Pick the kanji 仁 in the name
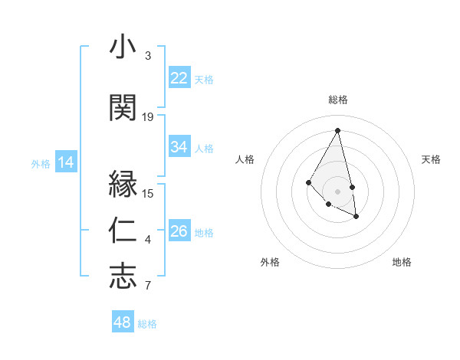[x=123, y=231]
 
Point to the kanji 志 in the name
[x=123, y=277]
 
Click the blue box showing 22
[x=179, y=78]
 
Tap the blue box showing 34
[x=179, y=147]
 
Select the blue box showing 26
[x=179, y=231]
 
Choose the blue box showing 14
[x=65, y=162]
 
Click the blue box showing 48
[x=123, y=322]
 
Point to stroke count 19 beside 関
[x=148, y=116]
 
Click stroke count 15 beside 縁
[x=148, y=193]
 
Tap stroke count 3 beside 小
[x=148, y=56]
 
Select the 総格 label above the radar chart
[x=338, y=100]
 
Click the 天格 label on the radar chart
[x=432, y=159]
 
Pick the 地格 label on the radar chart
[x=402, y=262]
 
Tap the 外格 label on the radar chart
[x=270, y=262]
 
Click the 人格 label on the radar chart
[x=245, y=159]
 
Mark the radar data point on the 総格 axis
[x=338, y=130]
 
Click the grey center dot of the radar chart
[x=338, y=191]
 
